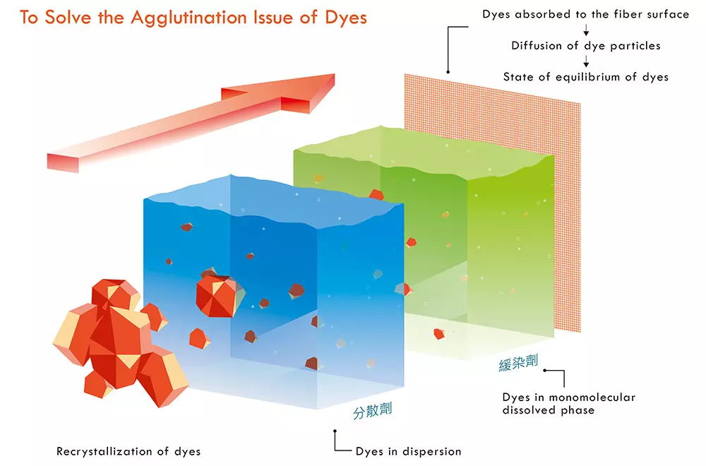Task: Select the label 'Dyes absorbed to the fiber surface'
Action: [586, 14]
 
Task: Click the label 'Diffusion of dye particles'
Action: [586, 46]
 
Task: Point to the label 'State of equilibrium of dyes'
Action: [586, 77]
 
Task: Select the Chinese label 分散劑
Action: [373, 412]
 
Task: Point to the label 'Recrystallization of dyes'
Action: [128, 451]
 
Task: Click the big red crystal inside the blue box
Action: [217, 292]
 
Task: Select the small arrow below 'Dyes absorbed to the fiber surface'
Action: [586, 30]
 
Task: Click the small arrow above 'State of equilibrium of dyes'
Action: [586, 62]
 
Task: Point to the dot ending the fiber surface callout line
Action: [447, 71]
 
